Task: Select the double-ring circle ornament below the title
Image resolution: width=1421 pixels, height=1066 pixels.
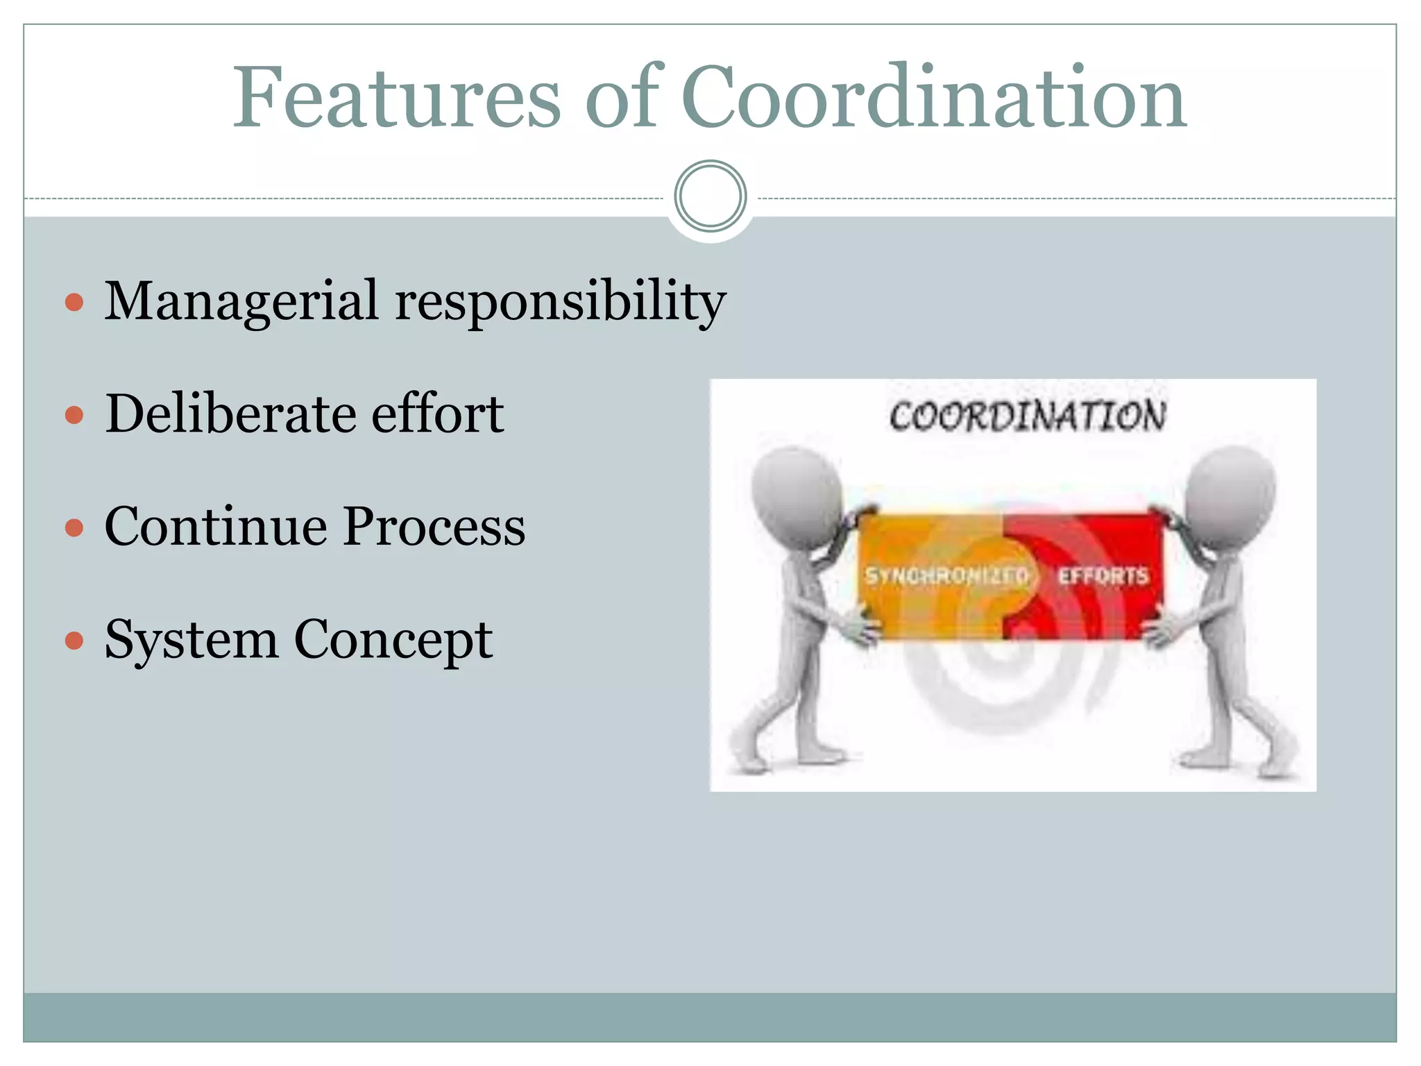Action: [x=710, y=196]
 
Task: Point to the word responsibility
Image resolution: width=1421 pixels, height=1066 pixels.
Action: [x=560, y=302]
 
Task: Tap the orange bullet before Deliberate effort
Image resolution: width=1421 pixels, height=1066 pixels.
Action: [x=74, y=415]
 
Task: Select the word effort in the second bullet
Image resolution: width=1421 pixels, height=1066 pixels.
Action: [x=437, y=414]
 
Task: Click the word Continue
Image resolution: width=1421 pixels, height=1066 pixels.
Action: [x=215, y=527]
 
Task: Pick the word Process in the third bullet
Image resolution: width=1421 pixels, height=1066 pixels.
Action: [x=434, y=527]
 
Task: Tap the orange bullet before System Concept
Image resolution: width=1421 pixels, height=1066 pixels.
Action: [x=74, y=640]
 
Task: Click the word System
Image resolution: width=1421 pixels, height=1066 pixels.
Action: [x=192, y=640]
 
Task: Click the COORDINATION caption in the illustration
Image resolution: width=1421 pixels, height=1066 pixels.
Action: [x=1027, y=416]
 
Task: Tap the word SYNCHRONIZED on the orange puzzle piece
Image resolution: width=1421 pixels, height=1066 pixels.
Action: [x=946, y=575]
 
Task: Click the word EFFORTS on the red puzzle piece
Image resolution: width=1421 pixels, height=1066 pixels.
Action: [x=1103, y=575]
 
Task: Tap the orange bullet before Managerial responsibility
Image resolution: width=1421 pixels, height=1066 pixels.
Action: [x=74, y=303]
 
